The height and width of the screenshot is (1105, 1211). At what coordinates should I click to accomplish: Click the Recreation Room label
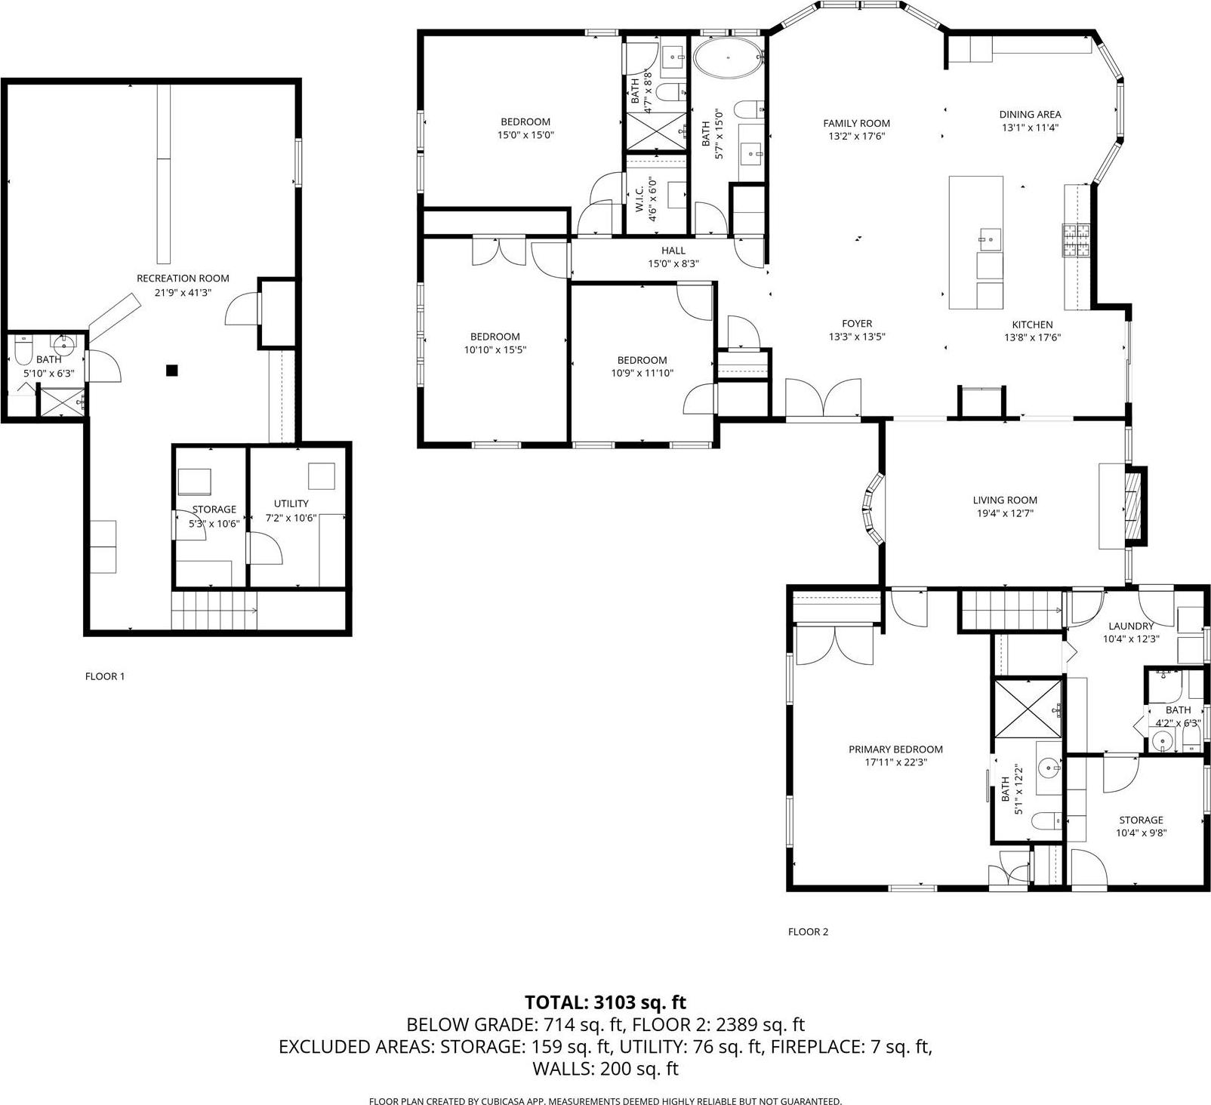[x=183, y=279]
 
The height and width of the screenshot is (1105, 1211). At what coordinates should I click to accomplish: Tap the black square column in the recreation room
[x=172, y=370]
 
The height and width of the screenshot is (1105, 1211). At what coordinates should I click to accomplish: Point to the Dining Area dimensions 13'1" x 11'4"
[x=1030, y=128]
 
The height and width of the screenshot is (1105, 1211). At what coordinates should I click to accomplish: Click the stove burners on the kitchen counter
[x=1078, y=241]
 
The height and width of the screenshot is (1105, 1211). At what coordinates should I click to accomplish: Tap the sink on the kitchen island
[x=989, y=239]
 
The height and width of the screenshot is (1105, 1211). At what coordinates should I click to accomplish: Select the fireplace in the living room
[x=1132, y=505]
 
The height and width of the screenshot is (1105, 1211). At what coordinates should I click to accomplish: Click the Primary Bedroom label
[x=895, y=749]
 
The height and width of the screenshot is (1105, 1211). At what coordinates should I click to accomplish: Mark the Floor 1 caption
[x=105, y=676]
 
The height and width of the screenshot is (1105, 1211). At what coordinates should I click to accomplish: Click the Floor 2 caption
[x=808, y=931]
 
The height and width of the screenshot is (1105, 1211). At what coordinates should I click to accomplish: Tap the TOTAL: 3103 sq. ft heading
[x=605, y=1002]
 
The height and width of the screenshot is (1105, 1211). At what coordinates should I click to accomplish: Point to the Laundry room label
[x=1130, y=626]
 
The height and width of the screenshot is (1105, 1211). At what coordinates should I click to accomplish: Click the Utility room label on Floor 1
[x=291, y=503]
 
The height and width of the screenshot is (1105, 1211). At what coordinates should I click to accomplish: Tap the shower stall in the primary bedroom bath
[x=1028, y=709]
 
